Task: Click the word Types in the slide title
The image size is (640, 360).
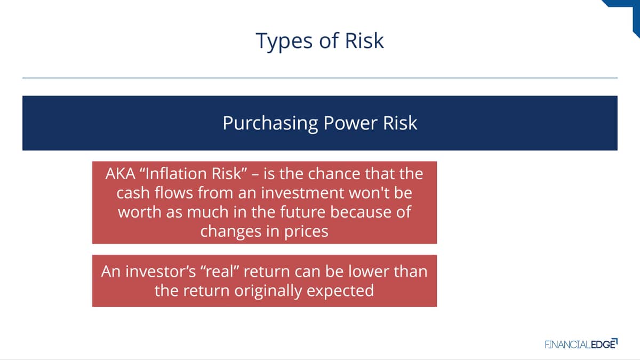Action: pyautogui.click(x=284, y=42)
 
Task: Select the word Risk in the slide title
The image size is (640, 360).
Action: pyautogui.click(x=364, y=41)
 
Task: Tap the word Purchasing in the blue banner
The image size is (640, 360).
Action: pyautogui.click(x=270, y=124)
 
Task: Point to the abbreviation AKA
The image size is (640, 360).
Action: pyautogui.click(x=121, y=174)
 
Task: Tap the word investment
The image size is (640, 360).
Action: pyautogui.click(x=302, y=193)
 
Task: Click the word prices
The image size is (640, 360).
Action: pyautogui.click(x=306, y=231)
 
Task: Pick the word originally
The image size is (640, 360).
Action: pyautogui.click(x=268, y=291)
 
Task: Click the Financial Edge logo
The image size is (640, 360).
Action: pyautogui.click(x=581, y=344)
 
